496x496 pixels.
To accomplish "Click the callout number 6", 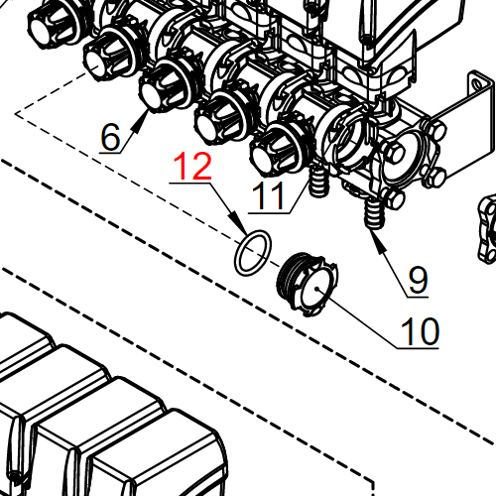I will (x=112, y=137).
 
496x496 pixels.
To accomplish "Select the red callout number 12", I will (x=193, y=167).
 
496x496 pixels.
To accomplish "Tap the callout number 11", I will (x=269, y=195).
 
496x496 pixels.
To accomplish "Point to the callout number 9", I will (x=418, y=280).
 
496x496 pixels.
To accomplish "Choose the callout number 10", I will (x=419, y=331).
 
